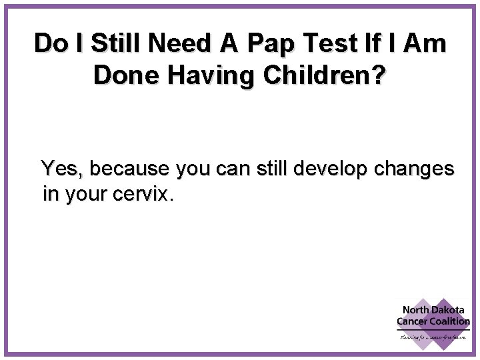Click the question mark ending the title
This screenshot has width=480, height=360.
pos(378,75)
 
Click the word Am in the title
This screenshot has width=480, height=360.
pos(427,44)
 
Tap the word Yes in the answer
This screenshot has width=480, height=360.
pos(62,169)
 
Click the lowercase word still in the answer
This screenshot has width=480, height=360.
pos(267,169)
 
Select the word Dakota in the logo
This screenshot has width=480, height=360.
pos(448,310)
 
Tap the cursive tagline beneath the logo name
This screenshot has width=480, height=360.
pos(433,337)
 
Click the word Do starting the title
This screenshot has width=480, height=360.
pos(49,44)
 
